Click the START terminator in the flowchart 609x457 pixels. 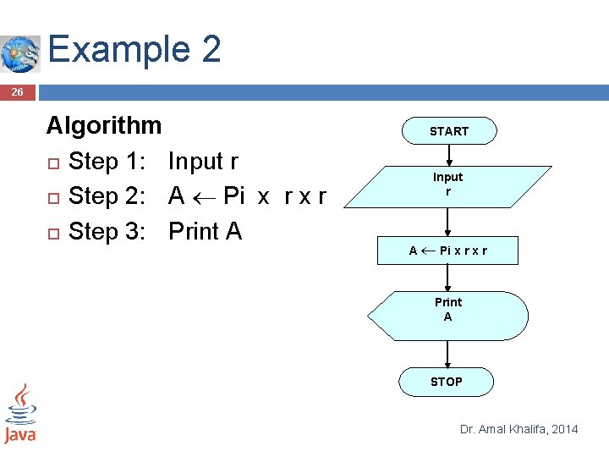coord(448,131)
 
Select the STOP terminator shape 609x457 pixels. coord(447,382)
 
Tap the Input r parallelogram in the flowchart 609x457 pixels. coord(447,185)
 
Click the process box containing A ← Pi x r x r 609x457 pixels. coord(447,251)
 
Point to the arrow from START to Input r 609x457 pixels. coord(448,154)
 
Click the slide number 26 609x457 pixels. coord(18,92)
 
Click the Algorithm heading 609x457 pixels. coord(103,126)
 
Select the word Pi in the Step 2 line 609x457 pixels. coord(233,196)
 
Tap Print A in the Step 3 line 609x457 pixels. coord(205,231)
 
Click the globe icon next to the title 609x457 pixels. coord(19,54)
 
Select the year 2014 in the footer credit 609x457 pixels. coord(564,429)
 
